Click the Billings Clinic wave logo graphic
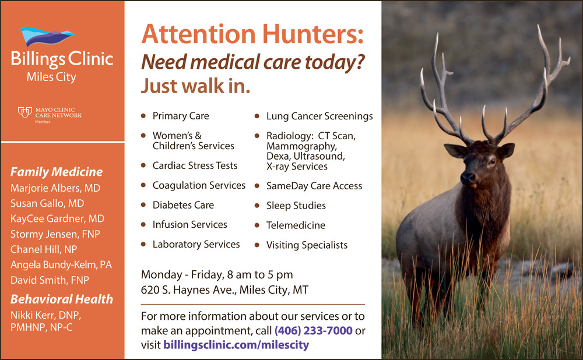(x=48, y=37)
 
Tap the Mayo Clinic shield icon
(x=25, y=112)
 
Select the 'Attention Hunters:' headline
(x=252, y=34)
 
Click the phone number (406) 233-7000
(x=314, y=330)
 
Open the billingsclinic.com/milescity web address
(x=236, y=345)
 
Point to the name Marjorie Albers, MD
(x=55, y=188)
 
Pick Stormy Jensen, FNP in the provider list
(x=55, y=234)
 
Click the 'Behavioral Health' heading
(x=61, y=299)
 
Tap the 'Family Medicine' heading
(x=57, y=172)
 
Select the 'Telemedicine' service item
(x=296, y=225)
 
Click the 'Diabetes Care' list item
(x=183, y=205)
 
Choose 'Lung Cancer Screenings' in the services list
(x=319, y=117)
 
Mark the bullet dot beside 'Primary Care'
(x=143, y=116)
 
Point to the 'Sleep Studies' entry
(x=296, y=206)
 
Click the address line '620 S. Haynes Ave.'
(x=188, y=290)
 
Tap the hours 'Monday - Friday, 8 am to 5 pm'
(x=217, y=274)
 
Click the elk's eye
(x=493, y=161)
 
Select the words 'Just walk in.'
(x=195, y=86)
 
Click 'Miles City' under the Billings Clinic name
(x=51, y=77)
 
